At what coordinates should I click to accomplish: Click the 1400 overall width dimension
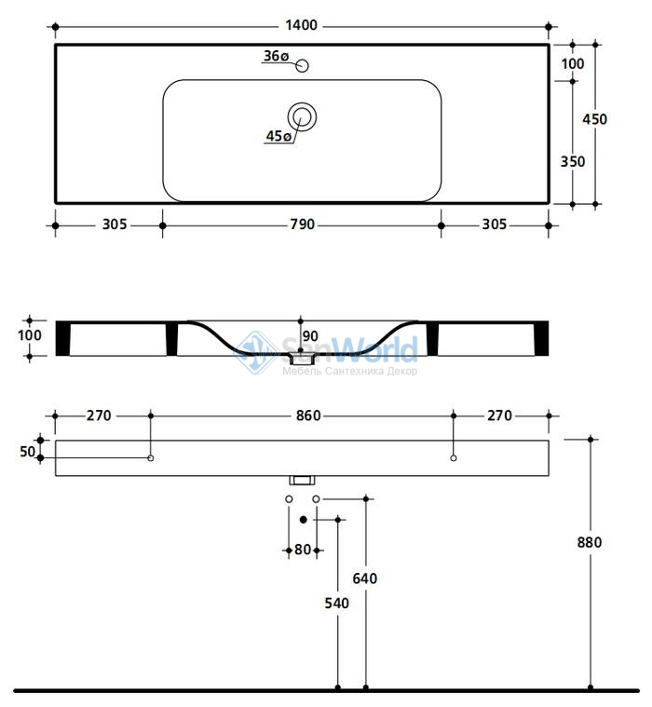pyautogui.click(x=301, y=25)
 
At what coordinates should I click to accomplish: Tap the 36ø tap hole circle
pyautogui.click(x=302, y=66)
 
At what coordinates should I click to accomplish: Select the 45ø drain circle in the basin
pyautogui.click(x=302, y=116)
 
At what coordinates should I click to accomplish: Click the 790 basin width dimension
pyautogui.click(x=302, y=224)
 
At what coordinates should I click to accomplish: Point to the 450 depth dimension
pyautogui.click(x=595, y=119)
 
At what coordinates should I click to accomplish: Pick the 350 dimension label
pyautogui.click(x=573, y=161)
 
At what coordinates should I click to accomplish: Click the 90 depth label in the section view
pyautogui.click(x=310, y=336)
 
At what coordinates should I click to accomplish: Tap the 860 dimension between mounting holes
pyautogui.click(x=308, y=415)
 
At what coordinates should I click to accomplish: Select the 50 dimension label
pyautogui.click(x=28, y=452)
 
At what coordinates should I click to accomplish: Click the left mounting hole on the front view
pyautogui.click(x=151, y=458)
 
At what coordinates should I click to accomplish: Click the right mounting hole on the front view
pyautogui.click(x=454, y=458)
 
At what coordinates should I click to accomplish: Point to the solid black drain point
pyautogui.click(x=304, y=520)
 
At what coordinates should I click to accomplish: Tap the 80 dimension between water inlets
pyautogui.click(x=303, y=550)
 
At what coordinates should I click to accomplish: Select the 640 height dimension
pyautogui.click(x=365, y=578)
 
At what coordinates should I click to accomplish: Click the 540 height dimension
pyautogui.click(x=337, y=603)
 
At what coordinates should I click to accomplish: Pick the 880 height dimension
pyautogui.click(x=590, y=542)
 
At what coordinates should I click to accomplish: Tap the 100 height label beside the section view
pyautogui.click(x=30, y=335)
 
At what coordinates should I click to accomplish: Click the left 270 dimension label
pyautogui.click(x=99, y=415)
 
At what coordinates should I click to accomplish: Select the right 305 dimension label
pyautogui.click(x=495, y=224)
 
